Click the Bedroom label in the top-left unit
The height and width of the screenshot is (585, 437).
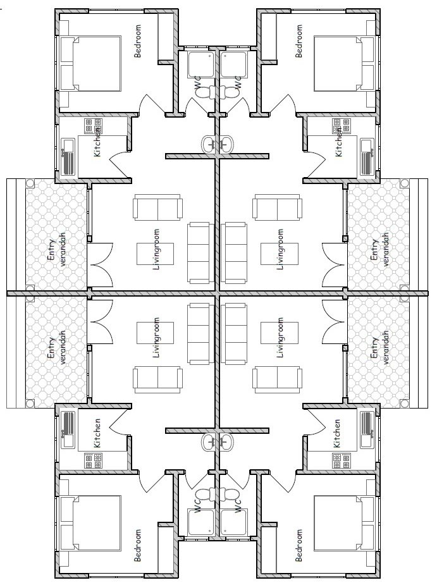pos(138,41)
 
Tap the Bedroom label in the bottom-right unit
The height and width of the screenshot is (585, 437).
pos(299,545)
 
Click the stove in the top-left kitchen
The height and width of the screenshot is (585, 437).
pos(94,126)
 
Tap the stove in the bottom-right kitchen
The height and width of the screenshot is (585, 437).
pos(343,460)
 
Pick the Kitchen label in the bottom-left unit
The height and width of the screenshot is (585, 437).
pos(97,433)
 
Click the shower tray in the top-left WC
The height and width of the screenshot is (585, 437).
pos(201,65)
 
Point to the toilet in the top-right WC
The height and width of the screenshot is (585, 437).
pos(228,92)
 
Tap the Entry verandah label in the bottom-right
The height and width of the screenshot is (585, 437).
pos(379,348)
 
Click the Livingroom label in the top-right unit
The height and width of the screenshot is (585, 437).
pos(280,249)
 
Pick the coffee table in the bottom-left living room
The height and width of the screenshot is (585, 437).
pos(155,333)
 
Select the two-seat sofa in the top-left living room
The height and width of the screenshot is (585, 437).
pos(158,207)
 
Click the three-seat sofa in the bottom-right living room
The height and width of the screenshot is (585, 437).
pos(234,333)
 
